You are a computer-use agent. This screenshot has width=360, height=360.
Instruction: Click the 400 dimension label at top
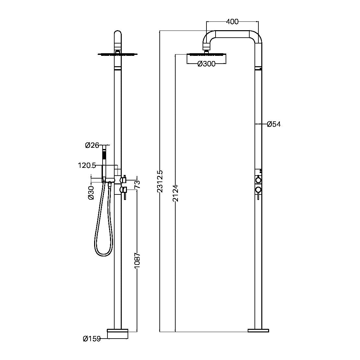coord(232,22)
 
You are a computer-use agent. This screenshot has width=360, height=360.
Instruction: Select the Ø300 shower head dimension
coord(206,64)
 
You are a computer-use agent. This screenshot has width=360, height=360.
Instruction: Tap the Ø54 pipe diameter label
coord(274,124)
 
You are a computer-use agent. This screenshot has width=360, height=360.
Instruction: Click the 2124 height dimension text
coord(175,194)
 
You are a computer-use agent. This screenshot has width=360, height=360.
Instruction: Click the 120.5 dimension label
coord(87,166)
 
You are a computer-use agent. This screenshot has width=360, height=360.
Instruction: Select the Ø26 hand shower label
coord(92,145)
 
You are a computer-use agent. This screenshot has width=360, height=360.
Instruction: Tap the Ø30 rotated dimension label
coord(91,193)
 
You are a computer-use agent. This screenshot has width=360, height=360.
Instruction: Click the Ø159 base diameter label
coord(91,339)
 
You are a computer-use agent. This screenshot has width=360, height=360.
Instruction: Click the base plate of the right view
coord(258,330)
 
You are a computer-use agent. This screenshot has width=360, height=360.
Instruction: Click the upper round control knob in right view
coord(258,180)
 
